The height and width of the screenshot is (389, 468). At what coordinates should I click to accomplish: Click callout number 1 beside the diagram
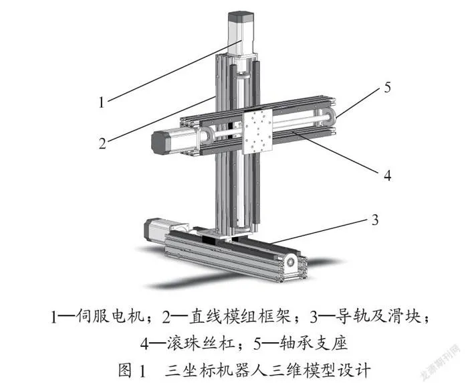(102, 102)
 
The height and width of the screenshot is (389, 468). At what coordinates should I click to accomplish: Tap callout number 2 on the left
(102, 143)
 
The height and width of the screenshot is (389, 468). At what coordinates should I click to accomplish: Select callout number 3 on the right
(375, 220)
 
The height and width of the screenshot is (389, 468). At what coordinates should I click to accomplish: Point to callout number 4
(387, 175)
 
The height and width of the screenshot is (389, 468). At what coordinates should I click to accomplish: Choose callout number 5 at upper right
(387, 87)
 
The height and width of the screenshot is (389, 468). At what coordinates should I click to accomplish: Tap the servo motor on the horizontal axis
(174, 141)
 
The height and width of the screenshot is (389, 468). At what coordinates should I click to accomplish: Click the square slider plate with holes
(259, 131)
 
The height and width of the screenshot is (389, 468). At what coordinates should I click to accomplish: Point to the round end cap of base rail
(291, 262)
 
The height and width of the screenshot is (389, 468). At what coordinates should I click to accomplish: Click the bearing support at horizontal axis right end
(328, 116)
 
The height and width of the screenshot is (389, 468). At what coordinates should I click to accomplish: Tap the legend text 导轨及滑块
(378, 316)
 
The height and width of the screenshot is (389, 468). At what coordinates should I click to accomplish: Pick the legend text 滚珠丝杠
(201, 343)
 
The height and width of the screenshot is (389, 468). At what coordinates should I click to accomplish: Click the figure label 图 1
(132, 370)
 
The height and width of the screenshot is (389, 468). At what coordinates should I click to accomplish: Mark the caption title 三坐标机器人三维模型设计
(267, 370)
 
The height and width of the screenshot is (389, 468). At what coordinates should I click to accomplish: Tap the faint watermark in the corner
(441, 363)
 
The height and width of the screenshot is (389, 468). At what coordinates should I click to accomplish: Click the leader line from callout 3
(318, 231)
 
